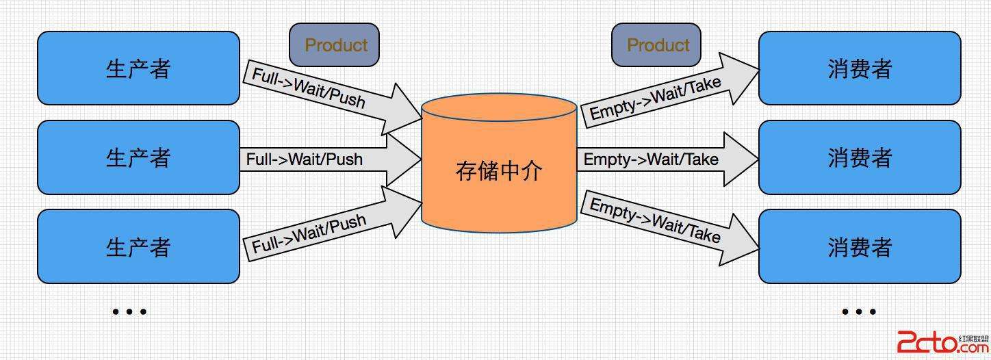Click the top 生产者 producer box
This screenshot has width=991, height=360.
[x=138, y=68]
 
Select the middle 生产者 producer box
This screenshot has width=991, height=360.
[x=138, y=157]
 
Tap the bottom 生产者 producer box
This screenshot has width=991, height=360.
[x=138, y=246]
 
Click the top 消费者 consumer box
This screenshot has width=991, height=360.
[x=860, y=68]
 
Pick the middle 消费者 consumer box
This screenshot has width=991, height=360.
[x=860, y=157]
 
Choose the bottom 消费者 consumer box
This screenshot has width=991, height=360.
[x=860, y=246]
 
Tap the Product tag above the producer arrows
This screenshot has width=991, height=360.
[x=335, y=45]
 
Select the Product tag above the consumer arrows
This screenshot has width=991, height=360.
[x=656, y=45]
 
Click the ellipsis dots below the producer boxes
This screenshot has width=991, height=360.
[x=129, y=311]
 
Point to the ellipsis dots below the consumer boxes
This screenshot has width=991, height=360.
[x=859, y=311]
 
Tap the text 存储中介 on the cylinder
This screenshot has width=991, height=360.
[x=499, y=170]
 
